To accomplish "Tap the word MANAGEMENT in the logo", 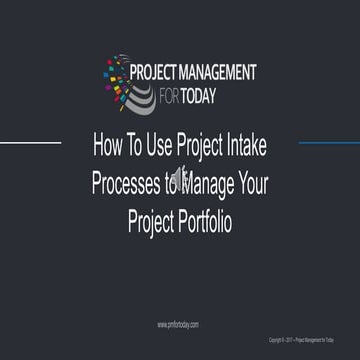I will coord(220,72).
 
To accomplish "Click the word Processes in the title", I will coord(126,181).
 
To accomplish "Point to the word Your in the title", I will coord(253,181).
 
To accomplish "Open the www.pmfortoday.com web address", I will coord(178,325).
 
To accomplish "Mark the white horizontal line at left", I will coord(30,142).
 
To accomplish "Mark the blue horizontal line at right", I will coord(329,142).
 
